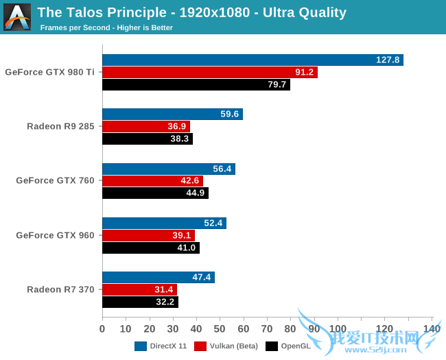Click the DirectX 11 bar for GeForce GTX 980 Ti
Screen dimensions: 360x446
point(253,60)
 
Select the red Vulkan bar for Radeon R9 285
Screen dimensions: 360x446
point(146,126)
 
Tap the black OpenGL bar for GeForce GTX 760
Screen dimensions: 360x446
point(155,193)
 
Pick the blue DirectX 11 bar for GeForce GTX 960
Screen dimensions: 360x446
point(164,223)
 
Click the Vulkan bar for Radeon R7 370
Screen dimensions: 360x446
point(139,289)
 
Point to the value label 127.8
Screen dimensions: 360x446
point(388,60)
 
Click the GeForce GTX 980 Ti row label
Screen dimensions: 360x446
point(49,71)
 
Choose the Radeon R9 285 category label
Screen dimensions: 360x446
point(60,126)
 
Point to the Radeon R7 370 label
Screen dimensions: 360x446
point(60,289)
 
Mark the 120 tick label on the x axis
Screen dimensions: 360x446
point(384,328)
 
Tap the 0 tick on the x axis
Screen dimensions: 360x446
point(102,328)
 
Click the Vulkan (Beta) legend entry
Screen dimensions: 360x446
point(226,346)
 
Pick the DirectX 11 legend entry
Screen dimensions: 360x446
point(162,346)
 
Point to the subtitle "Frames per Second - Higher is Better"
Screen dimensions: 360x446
point(106,28)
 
